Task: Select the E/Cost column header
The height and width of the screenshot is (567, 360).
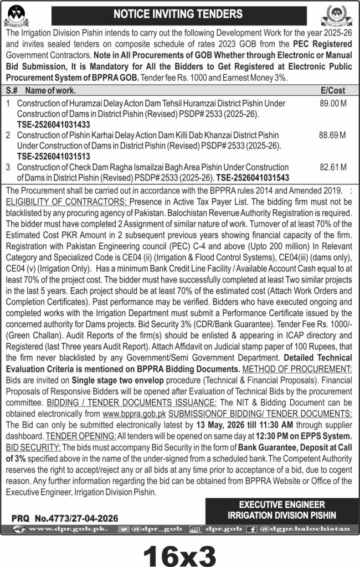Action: pyautogui.click(x=332, y=90)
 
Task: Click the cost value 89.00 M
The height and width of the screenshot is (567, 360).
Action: pyautogui.click(x=332, y=104)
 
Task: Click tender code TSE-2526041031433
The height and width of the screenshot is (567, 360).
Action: pyautogui.click(x=53, y=125)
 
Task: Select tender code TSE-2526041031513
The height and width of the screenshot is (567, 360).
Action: pyautogui.click(x=53, y=156)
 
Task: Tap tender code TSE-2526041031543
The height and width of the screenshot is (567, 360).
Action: pyautogui.click(x=253, y=177)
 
